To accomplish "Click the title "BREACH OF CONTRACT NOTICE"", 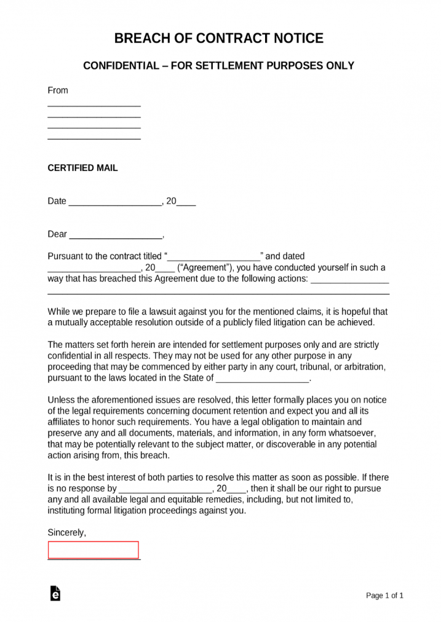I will [x=220, y=38].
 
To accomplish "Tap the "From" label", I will [x=58, y=90].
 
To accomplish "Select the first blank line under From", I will [x=94, y=105].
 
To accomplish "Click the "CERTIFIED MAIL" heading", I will [x=82, y=168].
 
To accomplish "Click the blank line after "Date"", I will [x=114, y=202].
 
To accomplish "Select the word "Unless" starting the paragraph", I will [x=60, y=400].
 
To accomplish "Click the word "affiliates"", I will [x=67, y=422].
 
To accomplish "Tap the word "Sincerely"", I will [x=66, y=533].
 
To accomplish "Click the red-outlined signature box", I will [x=93, y=550].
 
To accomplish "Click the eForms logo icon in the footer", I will [x=54, y=594].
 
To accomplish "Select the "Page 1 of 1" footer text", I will [x=385, y=596].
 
